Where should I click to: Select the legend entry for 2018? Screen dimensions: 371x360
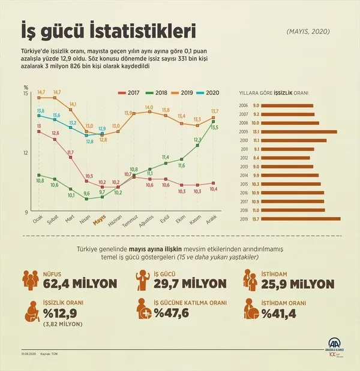pyautogui.click(x=159, y=92)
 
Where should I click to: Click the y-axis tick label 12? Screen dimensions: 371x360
pyautogui.click(x=26, y=152)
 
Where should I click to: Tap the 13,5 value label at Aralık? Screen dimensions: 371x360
pyautogui.click(x=214, y=128)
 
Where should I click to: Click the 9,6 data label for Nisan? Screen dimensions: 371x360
pyautogui.click(x=86, y=193)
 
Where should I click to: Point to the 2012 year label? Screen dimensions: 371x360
pyautogui.click(x=242, y=158)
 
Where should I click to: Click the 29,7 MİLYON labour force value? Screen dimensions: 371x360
pyautogui.click(x=190, y=283)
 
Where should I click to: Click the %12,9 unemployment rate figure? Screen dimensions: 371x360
pyautogui.click(x=62, y=312)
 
